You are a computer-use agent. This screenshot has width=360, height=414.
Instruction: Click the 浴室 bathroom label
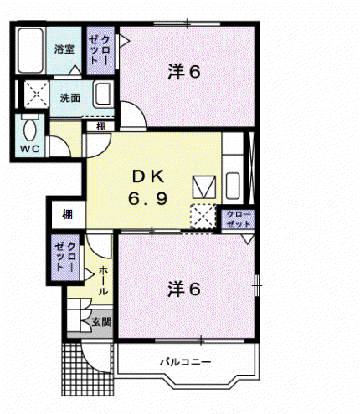[64, 49]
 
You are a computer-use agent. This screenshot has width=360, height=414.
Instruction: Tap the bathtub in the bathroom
[30, 51]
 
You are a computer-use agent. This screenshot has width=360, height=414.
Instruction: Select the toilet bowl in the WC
[29, 130]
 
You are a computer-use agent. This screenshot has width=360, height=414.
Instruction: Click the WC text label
[29, 149]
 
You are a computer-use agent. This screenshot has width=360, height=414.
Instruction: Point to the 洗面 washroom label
[70, 98]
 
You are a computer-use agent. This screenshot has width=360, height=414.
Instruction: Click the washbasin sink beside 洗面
[102, 94]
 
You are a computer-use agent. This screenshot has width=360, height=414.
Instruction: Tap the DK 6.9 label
[147, 187]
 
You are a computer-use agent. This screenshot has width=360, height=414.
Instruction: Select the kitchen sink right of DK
[233, 186]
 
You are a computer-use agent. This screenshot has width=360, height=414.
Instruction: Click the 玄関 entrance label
[101, 322]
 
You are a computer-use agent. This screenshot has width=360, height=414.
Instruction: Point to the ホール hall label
[103, 280]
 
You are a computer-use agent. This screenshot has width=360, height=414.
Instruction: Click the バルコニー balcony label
[186, 362]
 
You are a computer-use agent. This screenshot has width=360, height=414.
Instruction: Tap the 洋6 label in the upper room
[184, 72]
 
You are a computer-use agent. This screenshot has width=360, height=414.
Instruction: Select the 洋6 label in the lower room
[184, 289]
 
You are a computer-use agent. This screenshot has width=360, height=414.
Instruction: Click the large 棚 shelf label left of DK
[68, 214]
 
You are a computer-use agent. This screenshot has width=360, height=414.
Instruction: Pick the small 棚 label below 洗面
[100, 126]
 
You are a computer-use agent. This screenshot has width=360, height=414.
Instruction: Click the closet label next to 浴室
[100, 50]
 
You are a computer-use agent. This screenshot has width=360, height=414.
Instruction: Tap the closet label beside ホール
[65, 257]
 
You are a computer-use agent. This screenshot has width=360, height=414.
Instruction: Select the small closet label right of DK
[239, 219]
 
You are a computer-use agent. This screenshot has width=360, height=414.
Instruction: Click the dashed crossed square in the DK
[203, 217]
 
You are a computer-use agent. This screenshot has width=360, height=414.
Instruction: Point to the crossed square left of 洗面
[37, 94]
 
